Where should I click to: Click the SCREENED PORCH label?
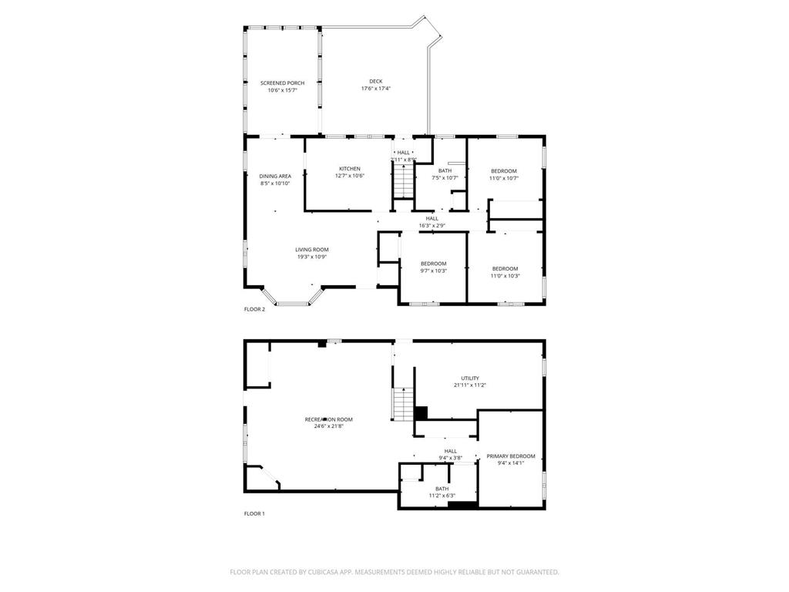coord(282,82)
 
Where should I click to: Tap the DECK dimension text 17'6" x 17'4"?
coord(375,89)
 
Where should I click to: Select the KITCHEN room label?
coord(349,169)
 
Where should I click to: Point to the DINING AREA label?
coord(275,176)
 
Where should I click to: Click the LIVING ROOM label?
coord(311,250)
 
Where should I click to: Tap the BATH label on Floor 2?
coord(445,170)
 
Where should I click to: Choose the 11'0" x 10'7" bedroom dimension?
coord(504,178)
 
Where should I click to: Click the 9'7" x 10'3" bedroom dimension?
coord(433,271)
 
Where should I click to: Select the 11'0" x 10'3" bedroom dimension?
coord(505,275)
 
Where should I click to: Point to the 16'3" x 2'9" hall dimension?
coord(431,226)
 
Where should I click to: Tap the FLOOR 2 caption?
coord(254,310)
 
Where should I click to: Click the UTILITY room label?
coord(470,378)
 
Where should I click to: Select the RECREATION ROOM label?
coord(328,419)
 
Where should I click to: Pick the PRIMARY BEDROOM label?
coord(510,456)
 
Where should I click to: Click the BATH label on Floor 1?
coord(442,489)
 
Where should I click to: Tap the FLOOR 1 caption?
coord(254,513)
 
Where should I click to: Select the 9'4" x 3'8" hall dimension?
coord(450,459)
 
